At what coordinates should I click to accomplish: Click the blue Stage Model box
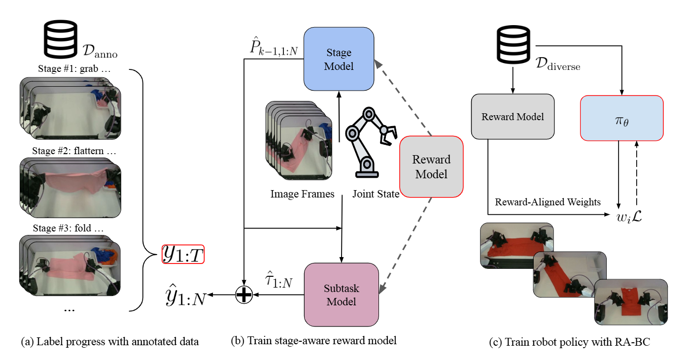[x=339, y=59]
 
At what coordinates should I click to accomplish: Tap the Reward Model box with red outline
[x=431, y=167]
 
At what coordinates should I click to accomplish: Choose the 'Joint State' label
[x=376, y=194]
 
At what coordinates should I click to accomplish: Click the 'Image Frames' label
[x=302, y=194]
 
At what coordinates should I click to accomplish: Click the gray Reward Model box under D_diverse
[x=513, y=117]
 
